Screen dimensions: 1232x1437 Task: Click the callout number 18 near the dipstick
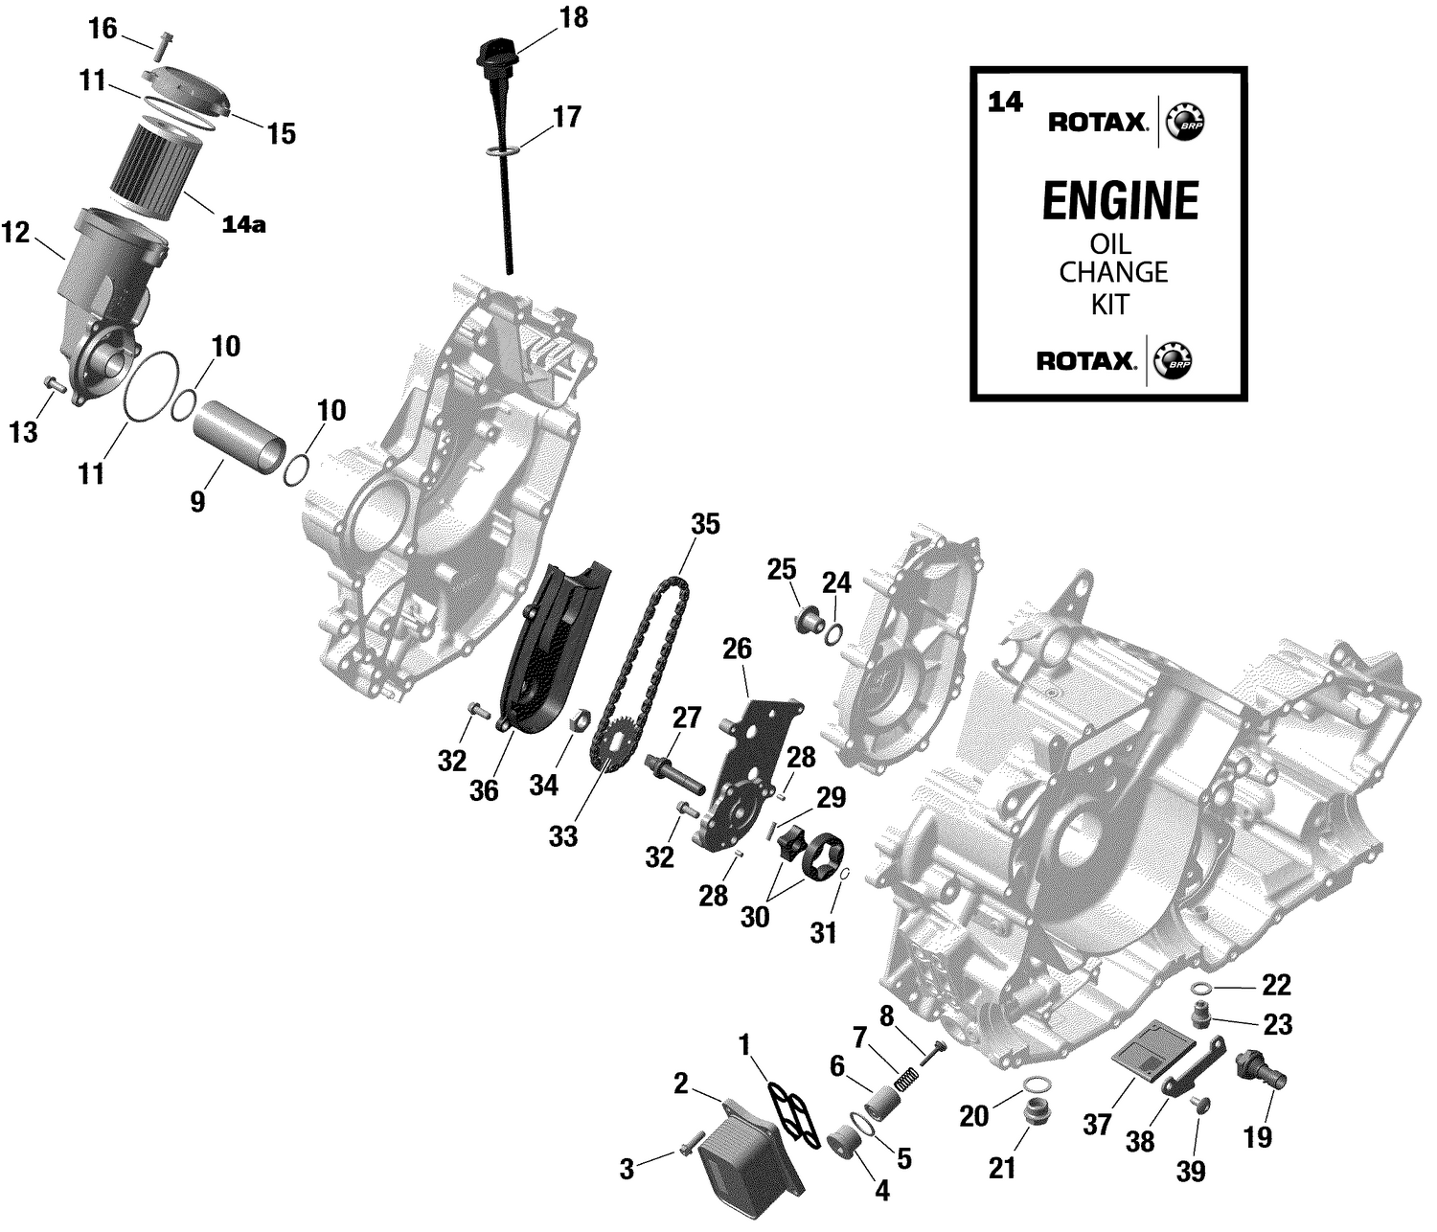(x=574, y=18)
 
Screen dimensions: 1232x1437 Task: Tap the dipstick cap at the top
(x=495, y=52)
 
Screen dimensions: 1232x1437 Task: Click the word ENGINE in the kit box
(x=1119, y=202)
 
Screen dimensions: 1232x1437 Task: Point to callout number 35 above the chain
(x=704, y=525)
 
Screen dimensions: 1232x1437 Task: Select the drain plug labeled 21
(x=1035, y=1114)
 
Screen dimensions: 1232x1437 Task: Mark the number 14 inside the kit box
(x=1006, y=103)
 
